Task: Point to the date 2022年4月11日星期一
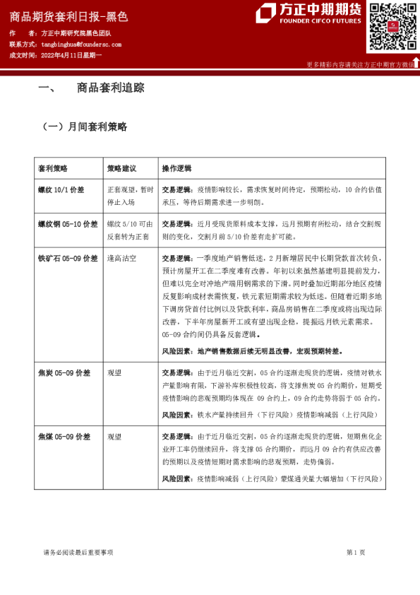(x=71, y=54)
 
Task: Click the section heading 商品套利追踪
(x=110, y=88)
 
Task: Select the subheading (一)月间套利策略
(x=85, y=127)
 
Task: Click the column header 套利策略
(x=53, y=169)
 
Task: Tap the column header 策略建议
(x=121, y=169)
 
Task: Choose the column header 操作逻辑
(x=176, y=169)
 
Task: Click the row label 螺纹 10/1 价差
(x=61, y=190)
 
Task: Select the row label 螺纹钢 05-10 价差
(x=68, y=224)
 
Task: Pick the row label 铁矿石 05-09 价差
(x=68, y=259)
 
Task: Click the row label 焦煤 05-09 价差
(x=64, y=437)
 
